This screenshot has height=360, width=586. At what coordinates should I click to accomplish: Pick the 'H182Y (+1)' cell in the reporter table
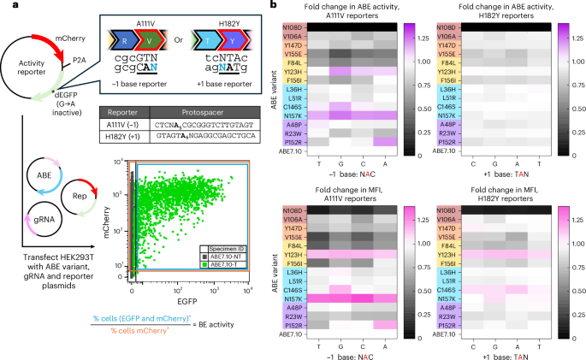pyautogui.click(x=123, y=137)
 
